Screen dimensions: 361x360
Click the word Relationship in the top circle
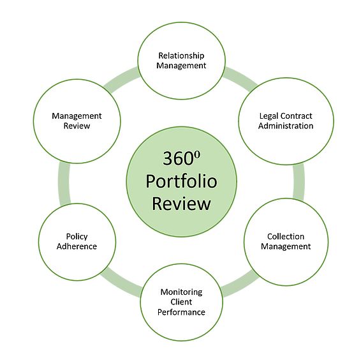click(181, 56)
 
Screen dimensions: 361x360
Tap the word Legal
click(269, 116)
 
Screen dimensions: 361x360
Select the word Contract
click(297, 116)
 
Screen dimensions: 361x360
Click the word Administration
click(286, 126)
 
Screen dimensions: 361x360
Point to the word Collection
click(286, 236)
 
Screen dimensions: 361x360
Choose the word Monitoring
click(181, 292)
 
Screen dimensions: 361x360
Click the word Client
click(181, 302)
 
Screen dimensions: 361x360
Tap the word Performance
click(181, 312)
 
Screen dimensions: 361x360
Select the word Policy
click(77, 237)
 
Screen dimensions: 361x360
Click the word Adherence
click(77, 246)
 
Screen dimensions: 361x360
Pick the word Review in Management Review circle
click(77, 126)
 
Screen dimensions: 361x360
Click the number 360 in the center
click(178, 158)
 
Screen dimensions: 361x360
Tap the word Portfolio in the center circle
click(181, 181)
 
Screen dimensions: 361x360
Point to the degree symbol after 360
click(197, 154)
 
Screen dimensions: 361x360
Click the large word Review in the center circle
click(181, 204)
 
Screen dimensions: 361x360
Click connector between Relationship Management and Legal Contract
click(240, 79)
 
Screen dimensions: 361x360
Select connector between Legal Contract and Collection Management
click(299, 182)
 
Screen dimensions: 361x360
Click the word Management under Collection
click(286, 247)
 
